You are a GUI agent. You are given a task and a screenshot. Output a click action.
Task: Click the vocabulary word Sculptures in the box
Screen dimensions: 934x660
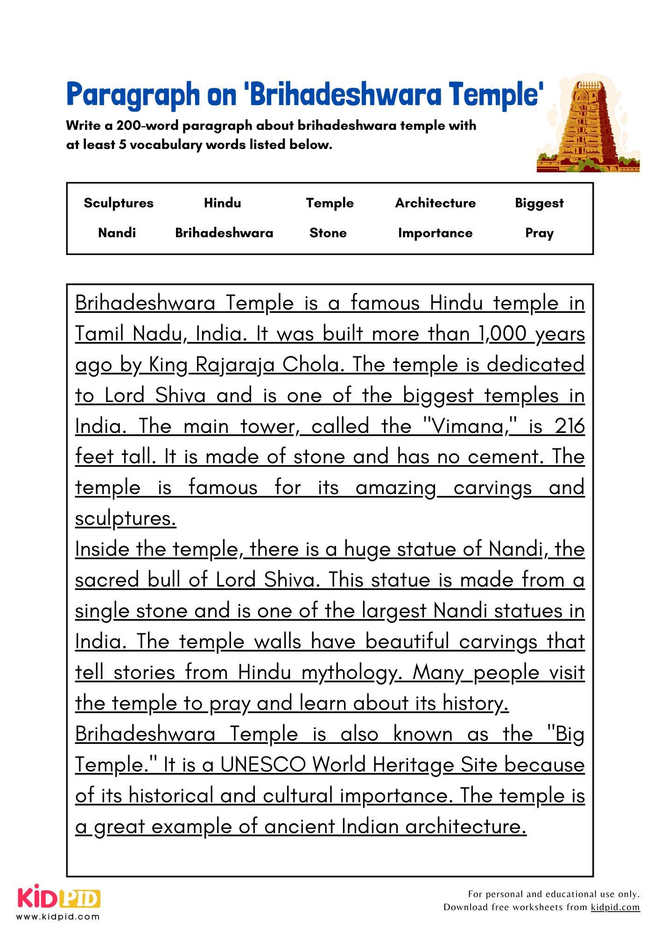tap(119, 203)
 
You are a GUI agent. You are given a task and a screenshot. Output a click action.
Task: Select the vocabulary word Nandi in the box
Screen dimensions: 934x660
tap(117, 233)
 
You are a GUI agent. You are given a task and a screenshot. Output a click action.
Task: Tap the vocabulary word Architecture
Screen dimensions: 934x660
tap(435, 203)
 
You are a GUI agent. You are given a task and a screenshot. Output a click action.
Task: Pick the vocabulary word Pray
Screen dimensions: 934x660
tap(539, 233)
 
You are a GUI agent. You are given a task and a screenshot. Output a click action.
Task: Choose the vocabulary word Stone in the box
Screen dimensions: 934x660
tap(328, 233)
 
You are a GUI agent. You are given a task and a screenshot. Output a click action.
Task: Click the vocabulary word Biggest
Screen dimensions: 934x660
tap(539, 203)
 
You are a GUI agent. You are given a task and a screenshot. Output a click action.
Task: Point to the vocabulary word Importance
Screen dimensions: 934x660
tap(435, 233)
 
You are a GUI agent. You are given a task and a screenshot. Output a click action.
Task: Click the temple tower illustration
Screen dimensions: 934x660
tap(588, 124)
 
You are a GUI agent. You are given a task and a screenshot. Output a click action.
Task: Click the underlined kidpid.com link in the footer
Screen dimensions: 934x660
tap(615, 907)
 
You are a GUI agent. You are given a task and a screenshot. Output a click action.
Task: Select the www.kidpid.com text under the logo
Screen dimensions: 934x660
tap(58, 917)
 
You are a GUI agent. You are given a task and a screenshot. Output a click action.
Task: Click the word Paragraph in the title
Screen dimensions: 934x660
tap(133, 94)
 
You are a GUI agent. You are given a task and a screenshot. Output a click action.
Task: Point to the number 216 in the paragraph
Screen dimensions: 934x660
tap(569, 426)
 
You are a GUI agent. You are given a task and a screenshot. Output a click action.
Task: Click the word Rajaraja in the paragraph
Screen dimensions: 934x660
tap(235, 365)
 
